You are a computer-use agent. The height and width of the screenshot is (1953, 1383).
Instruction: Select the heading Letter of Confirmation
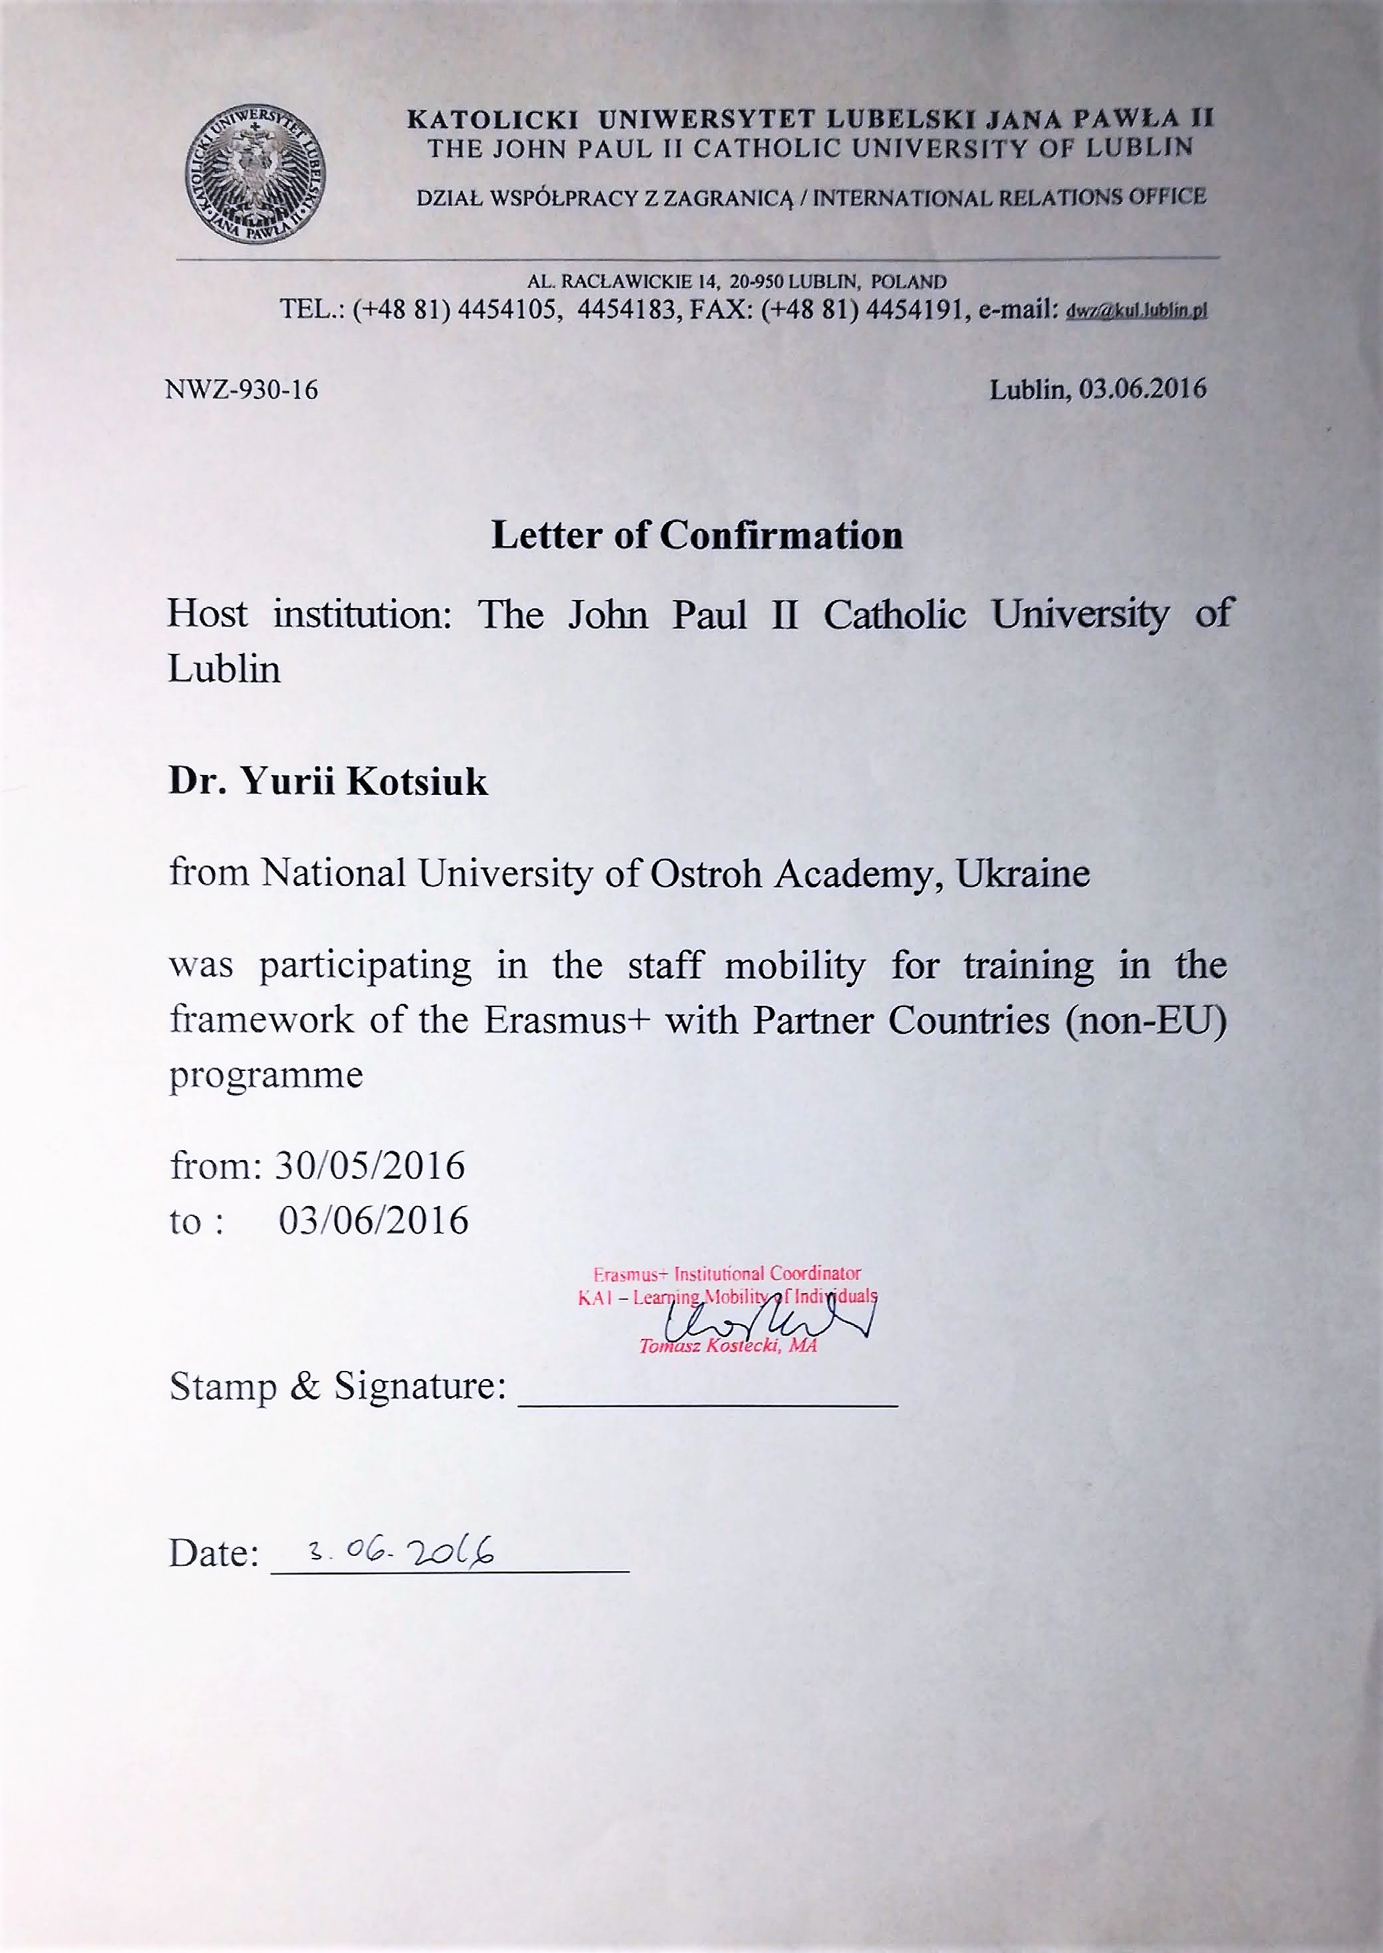coord(697,535)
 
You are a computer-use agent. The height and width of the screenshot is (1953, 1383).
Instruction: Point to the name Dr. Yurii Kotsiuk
coord(328,782)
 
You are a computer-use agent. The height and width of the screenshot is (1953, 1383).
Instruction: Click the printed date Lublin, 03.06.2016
coord(1098,389)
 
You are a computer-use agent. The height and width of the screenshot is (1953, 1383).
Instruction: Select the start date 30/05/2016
coord(370,1166)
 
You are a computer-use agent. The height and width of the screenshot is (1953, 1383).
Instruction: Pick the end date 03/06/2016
coord(373,1221)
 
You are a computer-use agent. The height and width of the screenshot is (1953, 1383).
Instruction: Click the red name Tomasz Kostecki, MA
coord(727,1346)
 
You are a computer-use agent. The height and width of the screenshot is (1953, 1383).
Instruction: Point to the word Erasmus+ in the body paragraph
coord(568,1020)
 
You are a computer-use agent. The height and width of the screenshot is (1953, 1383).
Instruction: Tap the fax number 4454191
coord(913,309)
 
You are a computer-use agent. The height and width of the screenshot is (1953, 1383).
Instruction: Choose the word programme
coord(266,1076)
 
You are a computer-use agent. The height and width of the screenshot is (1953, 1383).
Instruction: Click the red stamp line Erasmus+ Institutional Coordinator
coord(727,1275)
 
